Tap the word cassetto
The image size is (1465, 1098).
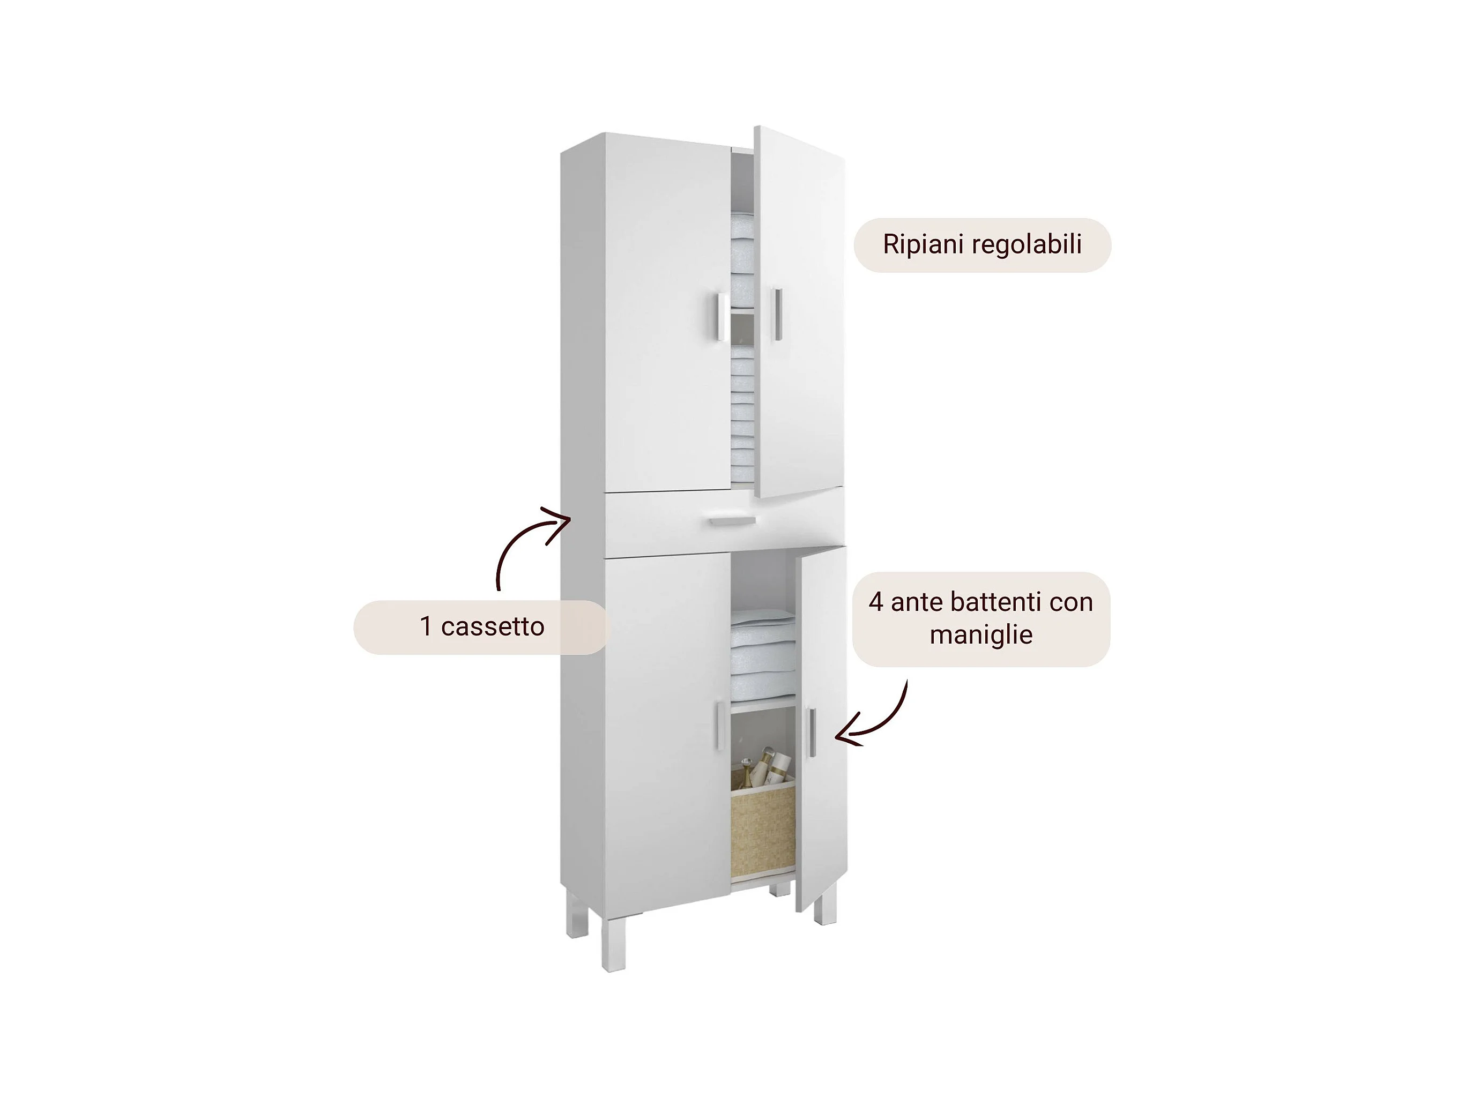[492, 626]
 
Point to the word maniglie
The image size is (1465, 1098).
[981, 634]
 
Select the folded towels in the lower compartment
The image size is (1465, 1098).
[763, 652]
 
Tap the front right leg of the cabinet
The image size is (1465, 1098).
[824, 907]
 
